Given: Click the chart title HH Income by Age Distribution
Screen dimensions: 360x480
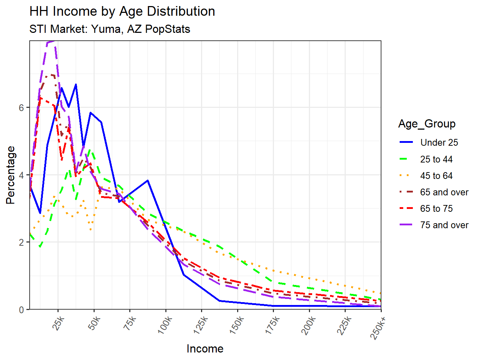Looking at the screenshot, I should point(122,11).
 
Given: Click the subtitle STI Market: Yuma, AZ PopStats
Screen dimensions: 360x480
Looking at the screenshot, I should point(110,29).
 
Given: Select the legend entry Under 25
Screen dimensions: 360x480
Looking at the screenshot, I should point(439,142).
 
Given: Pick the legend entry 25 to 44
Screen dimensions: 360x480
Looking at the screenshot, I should point(436,159).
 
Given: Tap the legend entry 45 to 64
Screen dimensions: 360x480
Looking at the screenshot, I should point(436,176).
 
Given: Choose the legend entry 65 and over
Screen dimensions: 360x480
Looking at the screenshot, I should point(444,192).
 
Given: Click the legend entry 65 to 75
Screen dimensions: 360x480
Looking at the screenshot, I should point(436,209).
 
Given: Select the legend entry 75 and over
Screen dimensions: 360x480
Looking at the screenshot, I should point(444,225).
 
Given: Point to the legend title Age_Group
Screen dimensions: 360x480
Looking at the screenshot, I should point(427,124).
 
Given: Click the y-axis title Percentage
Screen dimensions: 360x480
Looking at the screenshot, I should point(11,175).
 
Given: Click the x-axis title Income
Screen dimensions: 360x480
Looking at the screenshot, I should point(205,349).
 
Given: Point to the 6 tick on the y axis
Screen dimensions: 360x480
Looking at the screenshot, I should point(22,108).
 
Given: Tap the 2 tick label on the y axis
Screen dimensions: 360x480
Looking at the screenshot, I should point(22,242).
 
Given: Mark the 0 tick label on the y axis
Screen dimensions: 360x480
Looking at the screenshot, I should point(22,310).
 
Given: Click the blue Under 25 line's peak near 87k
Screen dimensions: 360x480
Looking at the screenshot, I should point(147,180).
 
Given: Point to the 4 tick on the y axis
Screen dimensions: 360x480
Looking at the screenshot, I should point(22,175).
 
